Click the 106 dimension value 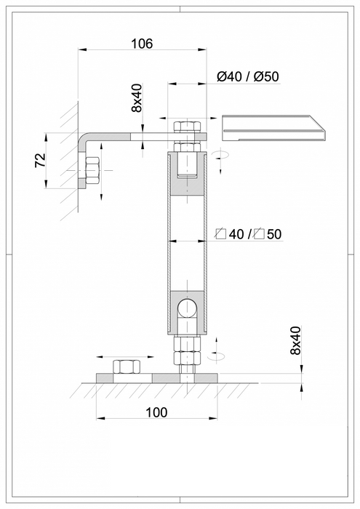[142, 44]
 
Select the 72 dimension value [40, 161]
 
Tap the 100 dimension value [156, 412]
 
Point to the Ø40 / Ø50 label [248, 76]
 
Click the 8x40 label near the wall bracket [137, 97]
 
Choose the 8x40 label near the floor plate [295, 340]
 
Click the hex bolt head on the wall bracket [92, 170]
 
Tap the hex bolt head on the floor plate [127, 366]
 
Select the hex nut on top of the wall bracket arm [188, 127]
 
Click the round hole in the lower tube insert [188, 308]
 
